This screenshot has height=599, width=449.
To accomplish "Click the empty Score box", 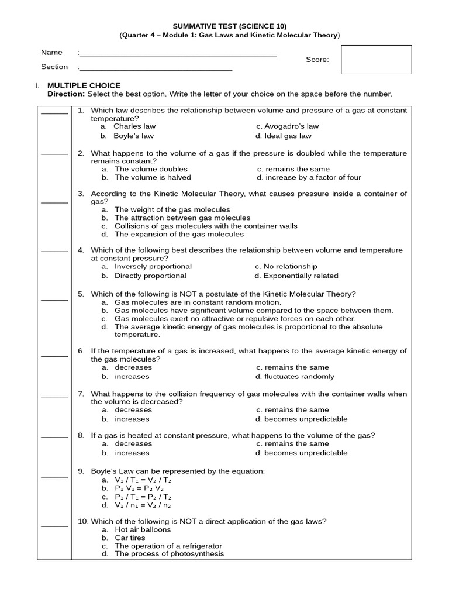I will [x=376, y=60].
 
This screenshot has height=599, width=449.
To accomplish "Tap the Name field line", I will [x=178, y=54].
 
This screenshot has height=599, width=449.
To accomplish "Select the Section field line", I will [x=156, y=68].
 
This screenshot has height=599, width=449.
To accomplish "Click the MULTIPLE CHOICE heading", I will [x=84, y=85].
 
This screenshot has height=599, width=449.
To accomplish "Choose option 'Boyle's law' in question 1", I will [x=134, y=136].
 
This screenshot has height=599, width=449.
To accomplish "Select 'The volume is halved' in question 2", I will [x=153, y=177].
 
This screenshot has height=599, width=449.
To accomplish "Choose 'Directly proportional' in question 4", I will [x=150, y=276].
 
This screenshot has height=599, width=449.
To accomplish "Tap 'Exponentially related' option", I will [x=301, y=276].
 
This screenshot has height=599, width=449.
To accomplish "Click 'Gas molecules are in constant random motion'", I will [x=198, y=302].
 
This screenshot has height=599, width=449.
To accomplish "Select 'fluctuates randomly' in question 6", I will [x=299, y=377].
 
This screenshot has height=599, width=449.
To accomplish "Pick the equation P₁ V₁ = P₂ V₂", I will [x=139, y=488].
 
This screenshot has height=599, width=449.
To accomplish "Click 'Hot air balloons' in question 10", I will [x=143, y=529].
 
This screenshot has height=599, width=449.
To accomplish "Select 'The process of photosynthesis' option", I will [x=169, y=554].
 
